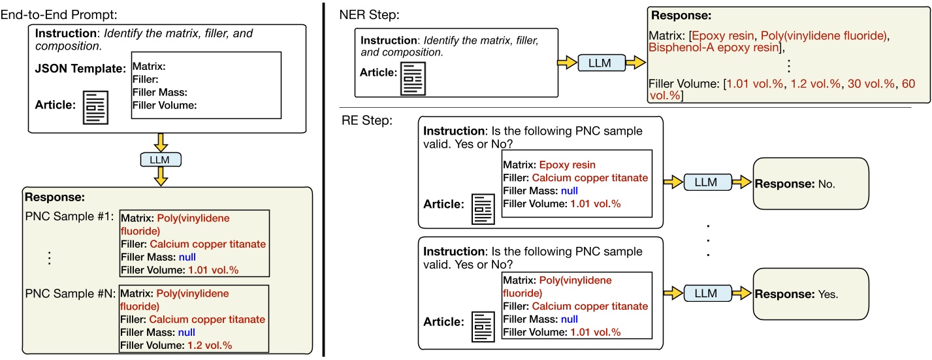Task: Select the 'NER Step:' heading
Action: tap(366, 14)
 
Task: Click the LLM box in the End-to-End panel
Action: tap(160, 159)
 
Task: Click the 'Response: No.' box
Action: tap(810, 184)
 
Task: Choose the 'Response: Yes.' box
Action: tap(810, 294)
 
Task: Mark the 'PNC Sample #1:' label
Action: tap(66, 217)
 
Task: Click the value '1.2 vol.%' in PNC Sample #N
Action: tap(209, 345)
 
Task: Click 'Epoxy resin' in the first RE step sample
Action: tap(567, 165)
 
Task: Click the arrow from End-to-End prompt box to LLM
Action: tap(160, 140)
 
